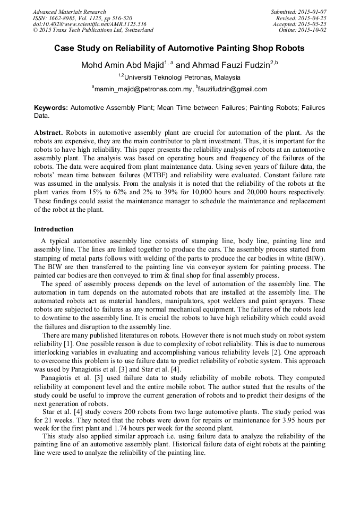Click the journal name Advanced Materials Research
70,12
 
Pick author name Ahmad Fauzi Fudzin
229,65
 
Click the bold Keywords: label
51,107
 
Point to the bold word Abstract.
48,132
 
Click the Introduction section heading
54,229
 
